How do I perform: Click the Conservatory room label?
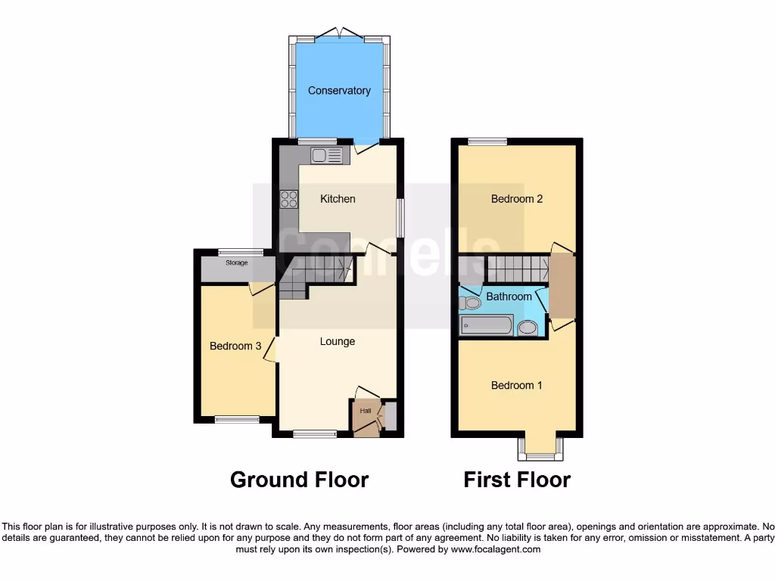tap(339, 91)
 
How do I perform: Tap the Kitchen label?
tap(338, 199)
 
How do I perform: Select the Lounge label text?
tap(338, 341)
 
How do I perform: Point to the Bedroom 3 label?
tap(235, 346)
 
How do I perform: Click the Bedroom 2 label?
tap(517, 199)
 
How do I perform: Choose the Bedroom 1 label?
tap(517, 385)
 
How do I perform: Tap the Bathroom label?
tap(509, 297)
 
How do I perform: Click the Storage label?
tap(236, 263)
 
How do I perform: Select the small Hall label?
tap(366, 411)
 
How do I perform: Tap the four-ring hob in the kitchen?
tap(289, 199)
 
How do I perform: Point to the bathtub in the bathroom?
tap(487, 326)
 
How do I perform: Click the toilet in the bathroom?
tap(471, 303)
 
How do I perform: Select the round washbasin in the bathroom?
tap(528, 328)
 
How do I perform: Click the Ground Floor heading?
tap(299, 480)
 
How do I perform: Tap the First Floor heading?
tap(517, 480)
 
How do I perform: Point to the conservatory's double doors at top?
tap(339, 33)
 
